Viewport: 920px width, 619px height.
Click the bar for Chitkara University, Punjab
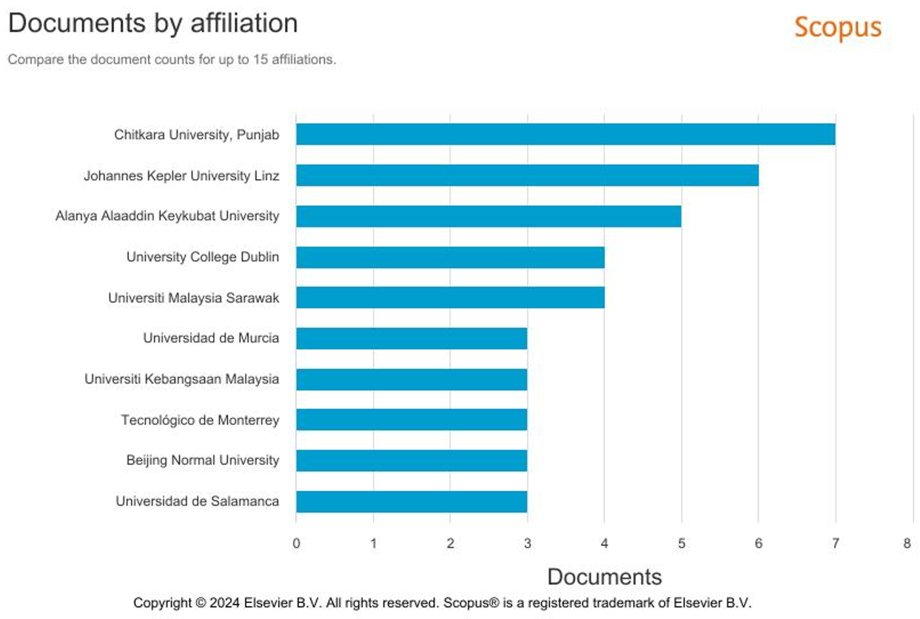(565, 134)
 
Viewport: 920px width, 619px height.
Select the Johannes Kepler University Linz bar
(527, 175)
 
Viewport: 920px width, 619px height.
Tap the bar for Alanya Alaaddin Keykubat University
(488, 216)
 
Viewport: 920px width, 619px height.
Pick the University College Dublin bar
(450, 257)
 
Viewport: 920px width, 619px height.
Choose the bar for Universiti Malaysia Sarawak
(450, 298)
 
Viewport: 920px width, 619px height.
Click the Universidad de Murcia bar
(412, 338)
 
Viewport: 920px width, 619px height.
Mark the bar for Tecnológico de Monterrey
(412, 420)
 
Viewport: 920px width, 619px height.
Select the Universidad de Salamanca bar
(412, 501)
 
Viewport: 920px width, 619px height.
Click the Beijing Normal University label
(203, 461)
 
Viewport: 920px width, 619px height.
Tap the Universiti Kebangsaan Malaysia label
(182, 379)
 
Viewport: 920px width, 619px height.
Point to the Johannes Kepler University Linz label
(181, 176)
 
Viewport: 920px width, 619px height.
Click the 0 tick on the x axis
(296, 543)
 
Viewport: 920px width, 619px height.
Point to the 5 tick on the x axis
(681, 543)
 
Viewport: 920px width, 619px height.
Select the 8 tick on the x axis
(907, 543)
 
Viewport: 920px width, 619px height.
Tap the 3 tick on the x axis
(527, 543)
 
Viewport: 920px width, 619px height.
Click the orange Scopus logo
(838, 27)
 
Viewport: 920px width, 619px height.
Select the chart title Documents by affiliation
(152, 23)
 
